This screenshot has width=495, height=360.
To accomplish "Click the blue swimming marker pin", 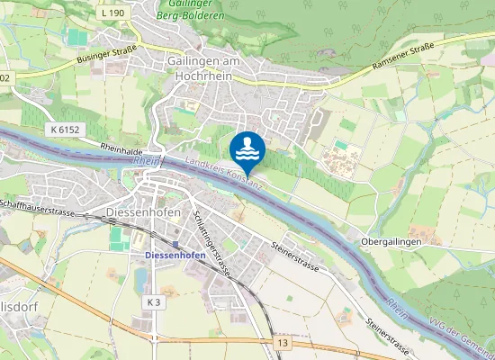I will (x=247, y=148).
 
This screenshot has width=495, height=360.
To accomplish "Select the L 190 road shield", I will (x=112, y=13).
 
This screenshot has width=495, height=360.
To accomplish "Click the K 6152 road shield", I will (x=66, y=130).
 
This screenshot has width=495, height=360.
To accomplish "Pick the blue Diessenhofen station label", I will (x=175, y=255).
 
